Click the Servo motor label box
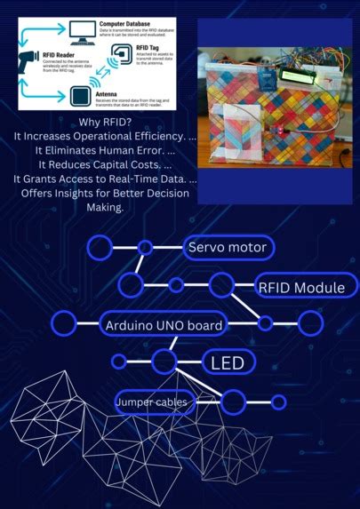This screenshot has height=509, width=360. click(227, 246)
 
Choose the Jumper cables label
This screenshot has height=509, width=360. click(153, 403)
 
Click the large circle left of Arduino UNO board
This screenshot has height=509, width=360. click(64, 324)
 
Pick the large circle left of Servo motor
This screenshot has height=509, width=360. click(100, 246)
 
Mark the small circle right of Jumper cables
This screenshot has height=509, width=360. click(278, 402)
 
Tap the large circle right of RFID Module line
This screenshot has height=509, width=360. click(310, 324)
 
